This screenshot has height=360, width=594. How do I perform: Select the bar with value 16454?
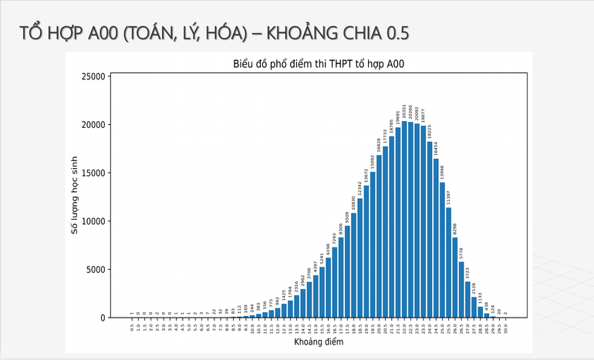tap(436, 238)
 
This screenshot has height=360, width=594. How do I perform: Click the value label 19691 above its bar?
tap(398, 118)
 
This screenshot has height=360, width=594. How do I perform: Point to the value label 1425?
tap(284, 295)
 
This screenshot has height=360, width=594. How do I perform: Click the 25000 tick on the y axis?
tap(93, 76)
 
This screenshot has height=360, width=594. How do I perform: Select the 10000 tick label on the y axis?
tap(93, 221)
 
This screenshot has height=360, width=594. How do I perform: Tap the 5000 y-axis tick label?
tap(96, 270)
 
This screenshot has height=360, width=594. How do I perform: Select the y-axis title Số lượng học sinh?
tap(76, 195)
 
